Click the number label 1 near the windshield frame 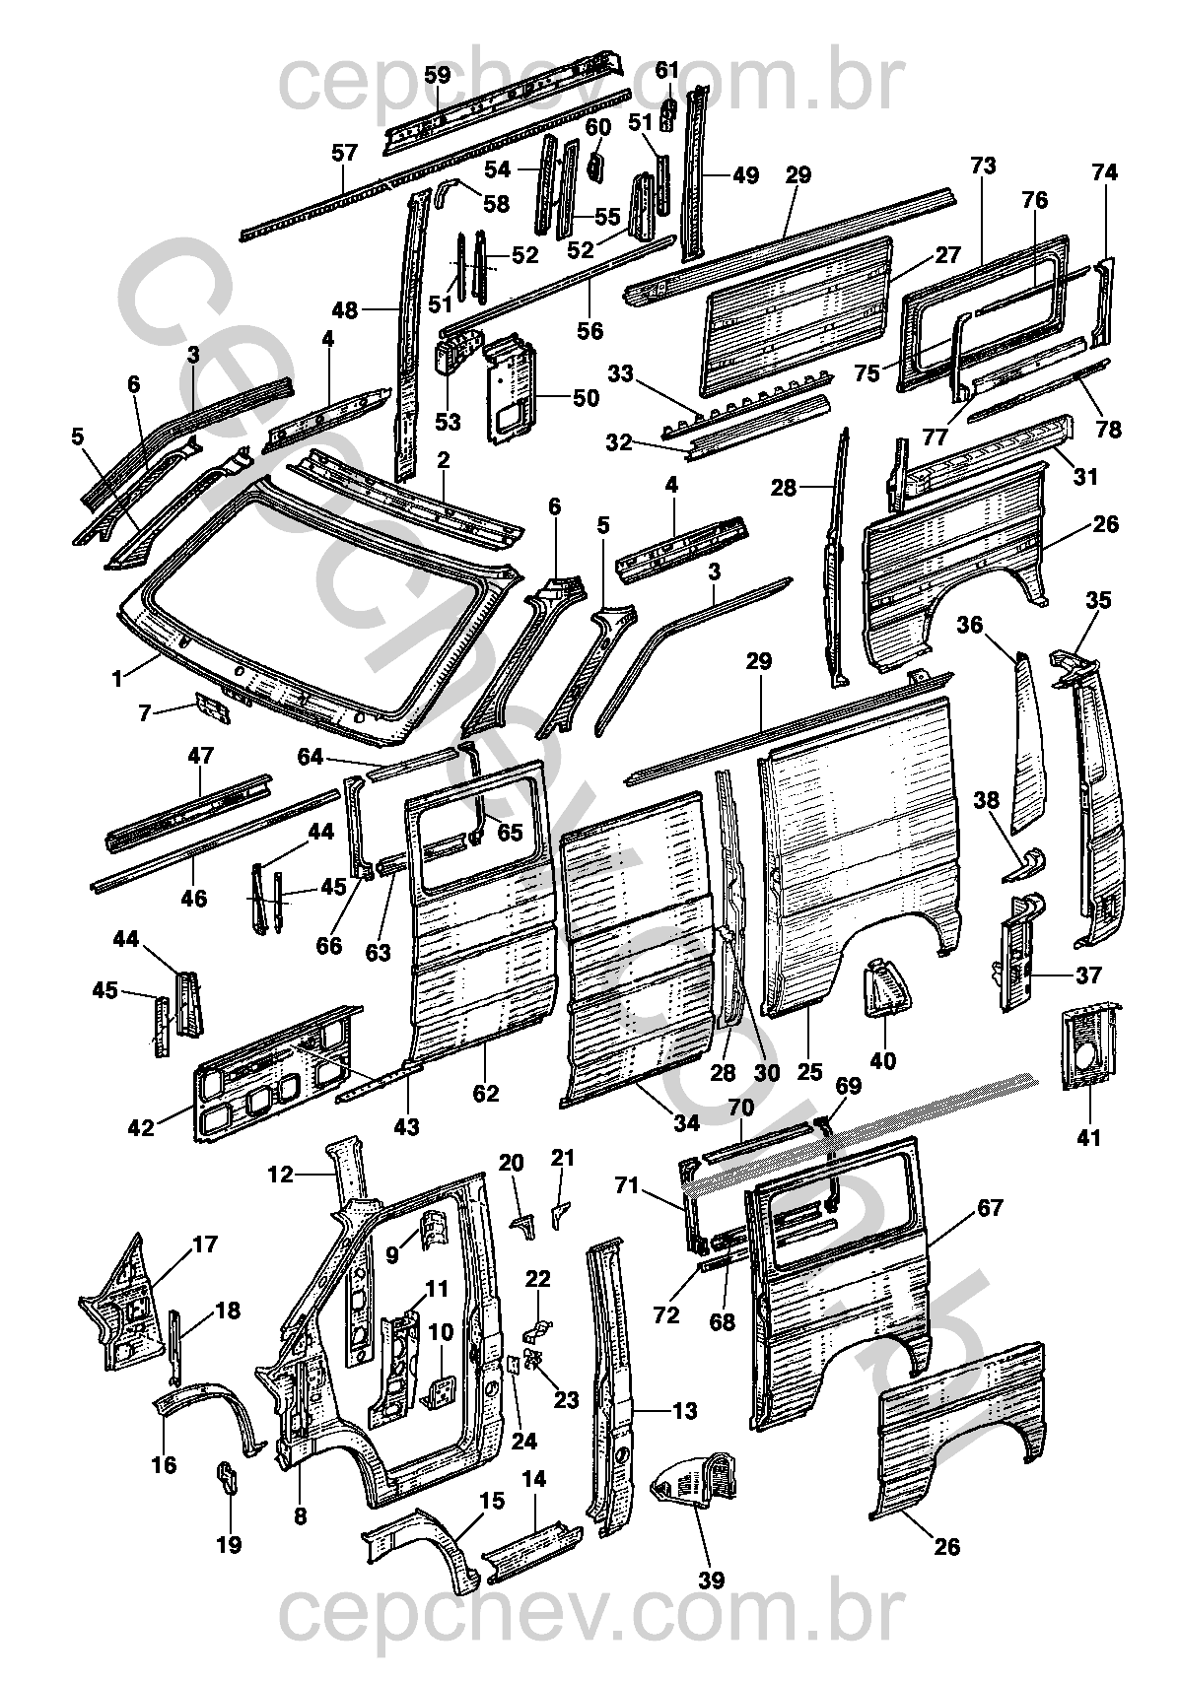point(118,678)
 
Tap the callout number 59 point(438,75)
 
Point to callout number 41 point(1088,1138)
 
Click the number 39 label point(711,1580)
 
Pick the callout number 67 point(991,1208)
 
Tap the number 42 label point(142,1126)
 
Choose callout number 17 point(204,1244)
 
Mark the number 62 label point(486,1093)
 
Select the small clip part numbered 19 point(227,1477)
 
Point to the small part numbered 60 point(595,164)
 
